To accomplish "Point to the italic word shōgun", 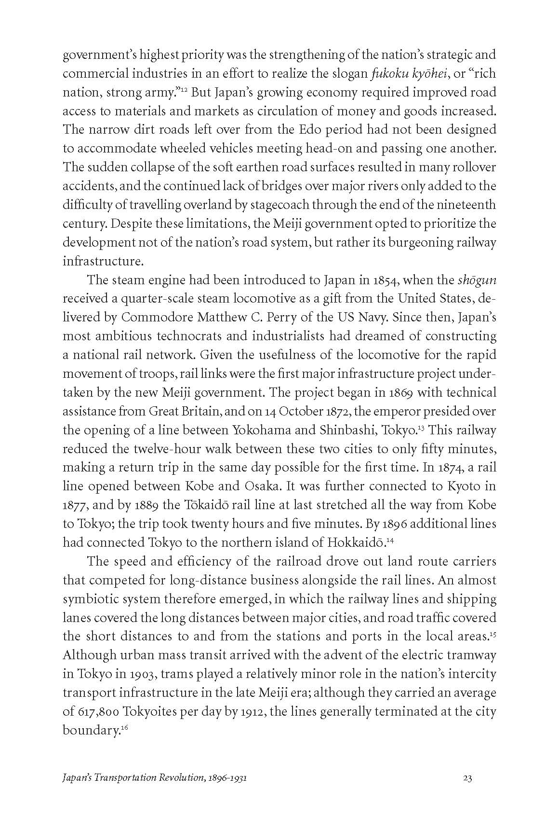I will [476, 280].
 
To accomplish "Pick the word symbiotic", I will [92, 599].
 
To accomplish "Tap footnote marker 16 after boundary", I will [123, 727].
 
